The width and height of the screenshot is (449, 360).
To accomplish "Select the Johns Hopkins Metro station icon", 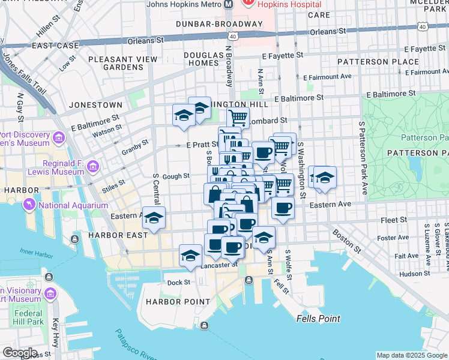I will point(229,4).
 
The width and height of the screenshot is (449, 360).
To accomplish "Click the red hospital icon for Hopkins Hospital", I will point(247,4).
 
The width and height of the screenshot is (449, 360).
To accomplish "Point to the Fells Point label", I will point(318,319).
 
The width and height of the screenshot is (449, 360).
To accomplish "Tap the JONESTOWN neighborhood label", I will point(95,104).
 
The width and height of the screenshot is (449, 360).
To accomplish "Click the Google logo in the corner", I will point(20,352).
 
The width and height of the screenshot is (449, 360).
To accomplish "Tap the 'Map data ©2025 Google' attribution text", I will point(412,355).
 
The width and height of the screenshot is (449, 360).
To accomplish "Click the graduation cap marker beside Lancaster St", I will point(190,255).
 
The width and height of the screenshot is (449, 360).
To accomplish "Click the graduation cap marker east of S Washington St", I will point(325,177).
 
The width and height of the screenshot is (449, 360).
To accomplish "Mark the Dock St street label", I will point(178,283).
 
